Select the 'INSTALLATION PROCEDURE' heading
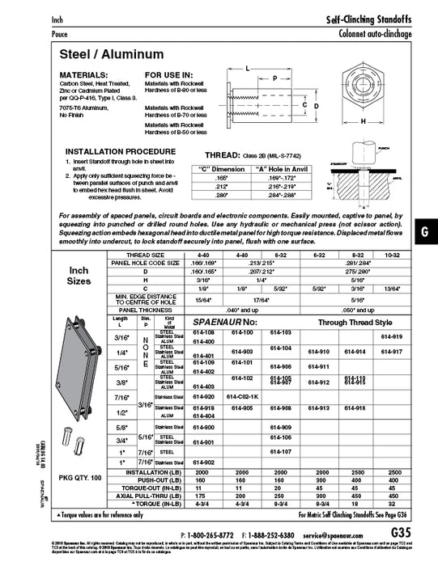tap(116, 151)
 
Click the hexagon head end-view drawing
tap(362, 90)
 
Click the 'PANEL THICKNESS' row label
tap(147, 310)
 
